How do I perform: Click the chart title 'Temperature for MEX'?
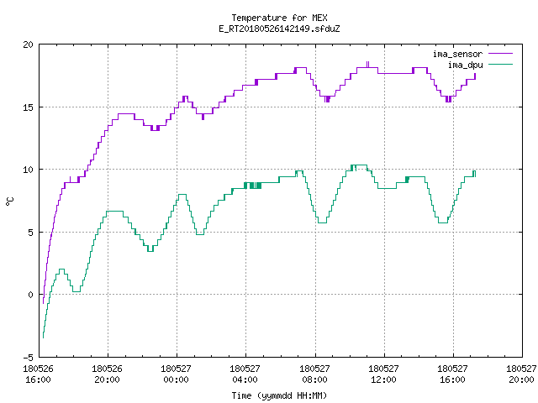coord(279,18)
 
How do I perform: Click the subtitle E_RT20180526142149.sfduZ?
coord(279,29)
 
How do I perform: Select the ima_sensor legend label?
coord(457,54)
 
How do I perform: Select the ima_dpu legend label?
coord(465,65)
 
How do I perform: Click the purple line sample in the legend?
coord(501,54)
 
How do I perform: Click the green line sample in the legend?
coord(501,64)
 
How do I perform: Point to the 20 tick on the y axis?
coord(29,44)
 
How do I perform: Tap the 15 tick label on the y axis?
coord(29,107)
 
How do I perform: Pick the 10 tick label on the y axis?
coord(29,170)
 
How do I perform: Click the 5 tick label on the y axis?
coord(31,233)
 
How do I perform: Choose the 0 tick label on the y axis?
coord(31,295)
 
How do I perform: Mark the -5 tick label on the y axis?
coord(29,358)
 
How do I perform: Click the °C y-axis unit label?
coord(9,201)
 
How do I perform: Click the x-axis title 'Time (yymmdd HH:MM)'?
coord(279,395)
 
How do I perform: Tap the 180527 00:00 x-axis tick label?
coord(176,374)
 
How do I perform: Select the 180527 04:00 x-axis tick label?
coord(245,374)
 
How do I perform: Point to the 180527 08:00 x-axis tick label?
coord(314,374)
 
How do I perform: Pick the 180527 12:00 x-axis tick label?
coord(383,374)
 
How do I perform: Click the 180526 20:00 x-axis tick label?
coord(107,374)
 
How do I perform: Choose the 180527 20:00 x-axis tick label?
coord(521,374)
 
